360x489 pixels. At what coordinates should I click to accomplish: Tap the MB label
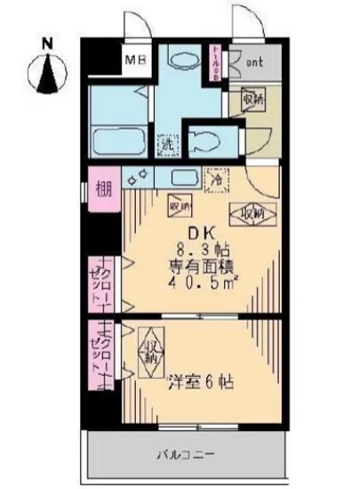(x=135, y=61)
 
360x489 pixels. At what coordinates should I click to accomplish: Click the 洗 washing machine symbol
(x=166, y=141)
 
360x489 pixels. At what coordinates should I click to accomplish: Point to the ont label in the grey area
(x=253, y=62)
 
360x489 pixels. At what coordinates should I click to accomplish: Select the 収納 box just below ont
(x=253, y=100)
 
